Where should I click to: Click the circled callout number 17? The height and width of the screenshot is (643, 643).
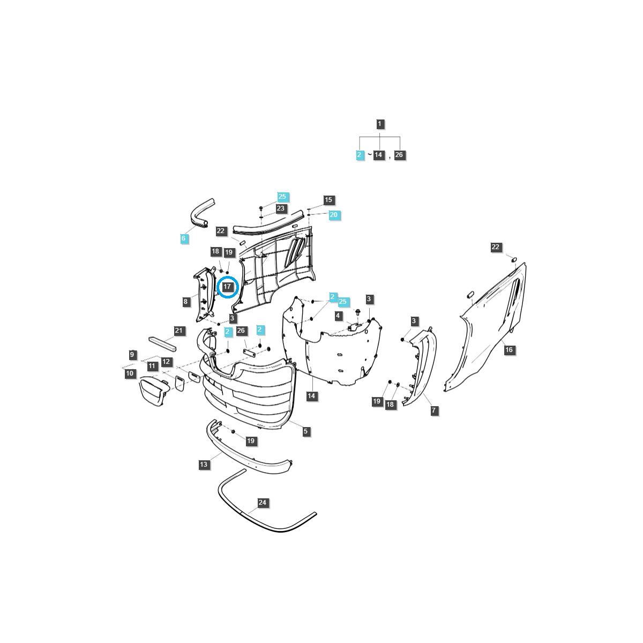pyautogui.click(x=227, y=287)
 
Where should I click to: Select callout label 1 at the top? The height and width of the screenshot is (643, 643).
pyautogui.click(x=379, y=124)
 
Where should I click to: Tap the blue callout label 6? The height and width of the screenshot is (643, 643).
pyautogui.click(x=184, y=238)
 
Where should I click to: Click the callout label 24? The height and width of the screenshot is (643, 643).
pyautogui.click(x=262, y=503)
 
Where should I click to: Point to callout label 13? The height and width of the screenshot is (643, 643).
pyautogui.click(x=204, y=465)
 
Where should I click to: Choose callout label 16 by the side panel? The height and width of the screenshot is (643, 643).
pyautogui.click(x=509, y=350)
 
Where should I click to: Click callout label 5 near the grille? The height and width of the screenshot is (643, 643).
pyautogui.click(x=306, y=431)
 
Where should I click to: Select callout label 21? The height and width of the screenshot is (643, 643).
pyautogui.click(x=179, y=331)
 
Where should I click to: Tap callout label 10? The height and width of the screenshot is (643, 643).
pyautogui.click(x=130, y=373)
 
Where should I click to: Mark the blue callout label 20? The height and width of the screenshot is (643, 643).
pyautogui.click(x=333, y=215)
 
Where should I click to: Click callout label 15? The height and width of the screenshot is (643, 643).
pyautogui.click(x=328, y=200)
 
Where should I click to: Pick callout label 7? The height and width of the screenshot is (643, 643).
pyautogui.click(x=433, y=410)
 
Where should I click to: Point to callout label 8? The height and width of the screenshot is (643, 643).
pyautogui.click(x=186, y=302)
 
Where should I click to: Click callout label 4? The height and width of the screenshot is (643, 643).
pyautogui.click(x=338, y=316)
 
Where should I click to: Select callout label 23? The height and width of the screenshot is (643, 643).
pyautogui.click(x=281, y=208)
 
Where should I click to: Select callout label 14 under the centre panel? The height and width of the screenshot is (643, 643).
pyautogui.click(x=311, y=396)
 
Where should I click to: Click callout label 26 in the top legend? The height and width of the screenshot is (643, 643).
pyautogui.click(x=399, y=155)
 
